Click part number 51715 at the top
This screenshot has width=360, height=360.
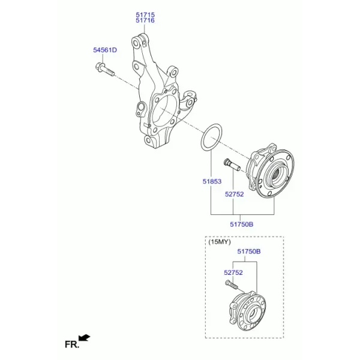pyautogui.click(x=145, y=14)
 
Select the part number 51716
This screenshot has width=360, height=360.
pyautogui.click(x=145, y=20)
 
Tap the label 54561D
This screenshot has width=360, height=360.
pyautogui.click(x=105, y=50)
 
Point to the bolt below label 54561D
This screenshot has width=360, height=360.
pyautogui.click(x=104, y=70)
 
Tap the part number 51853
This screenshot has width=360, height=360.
pyautogui.click(x=212, y=182)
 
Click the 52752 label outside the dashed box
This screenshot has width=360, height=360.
pyautogui.click(x=234, y=194)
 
